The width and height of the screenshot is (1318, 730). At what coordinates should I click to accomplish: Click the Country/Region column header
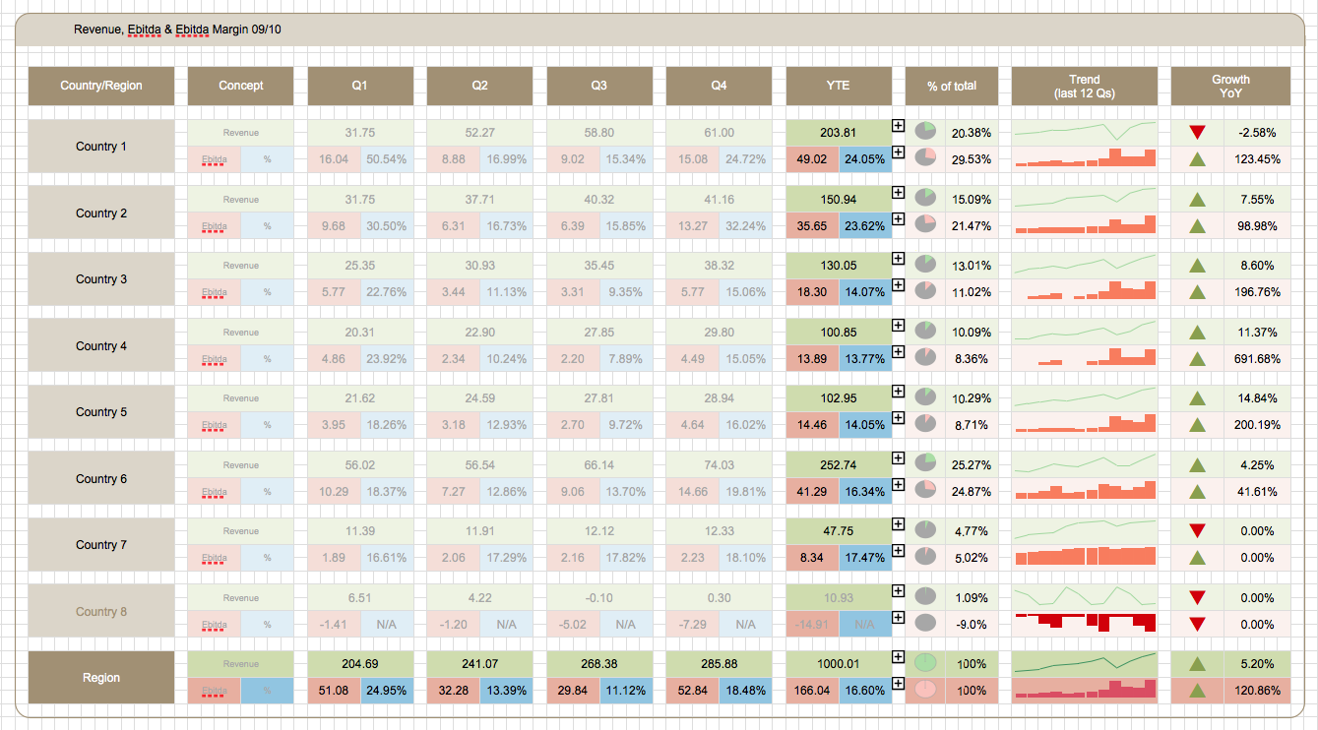pyautogui.click(x=101, y=86)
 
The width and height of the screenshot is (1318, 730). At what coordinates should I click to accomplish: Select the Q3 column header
pyautogui.click(x=598, y=86)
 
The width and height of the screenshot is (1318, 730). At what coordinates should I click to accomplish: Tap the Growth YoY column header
pyautogui.click(x=1230, y=86)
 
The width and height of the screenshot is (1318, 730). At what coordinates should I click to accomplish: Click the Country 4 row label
pyautogui.click(x=101, y=345)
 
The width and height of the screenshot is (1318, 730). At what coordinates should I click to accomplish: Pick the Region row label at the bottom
pyautogui.click(x=101, y=677)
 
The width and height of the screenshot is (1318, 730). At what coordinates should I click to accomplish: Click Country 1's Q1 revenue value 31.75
pyautogui.click(x=360, y=133)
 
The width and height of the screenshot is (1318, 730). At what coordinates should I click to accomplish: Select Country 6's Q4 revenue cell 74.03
pyautogui.click(x=719, y=464)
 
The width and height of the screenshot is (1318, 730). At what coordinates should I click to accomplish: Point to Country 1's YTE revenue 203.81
pyautogui.click(x=839, y=133)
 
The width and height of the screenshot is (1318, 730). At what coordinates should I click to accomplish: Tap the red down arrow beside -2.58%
pyautogui.click(x=1197, y=133)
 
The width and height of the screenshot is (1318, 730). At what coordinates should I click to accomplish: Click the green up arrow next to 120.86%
pyautogui.click(x=1197, y=691)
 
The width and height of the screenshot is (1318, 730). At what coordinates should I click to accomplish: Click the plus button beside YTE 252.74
pyautogui.click(x=898, y=457)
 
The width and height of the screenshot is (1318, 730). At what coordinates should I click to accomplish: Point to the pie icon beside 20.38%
pyautogui.click(x=924, y=131)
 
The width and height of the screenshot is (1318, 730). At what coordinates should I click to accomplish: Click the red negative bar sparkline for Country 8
pyautogui.click(x=1085, y=623)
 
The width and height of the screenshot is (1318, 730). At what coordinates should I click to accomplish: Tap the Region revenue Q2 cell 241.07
pyautogui.click(x=479, y=664)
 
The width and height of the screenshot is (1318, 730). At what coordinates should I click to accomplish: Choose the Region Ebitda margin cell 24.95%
pyautogui.click(x=387, y=691)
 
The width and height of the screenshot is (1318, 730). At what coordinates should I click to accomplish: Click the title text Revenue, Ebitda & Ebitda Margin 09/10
pyautogui.click(x=177, y=30)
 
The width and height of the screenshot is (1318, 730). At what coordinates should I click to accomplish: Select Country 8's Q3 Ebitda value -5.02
pyautogui.click(x=573, y=624)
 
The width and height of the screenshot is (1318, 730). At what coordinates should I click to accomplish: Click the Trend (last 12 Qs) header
pyautogui.click(x=1085, y=86)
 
